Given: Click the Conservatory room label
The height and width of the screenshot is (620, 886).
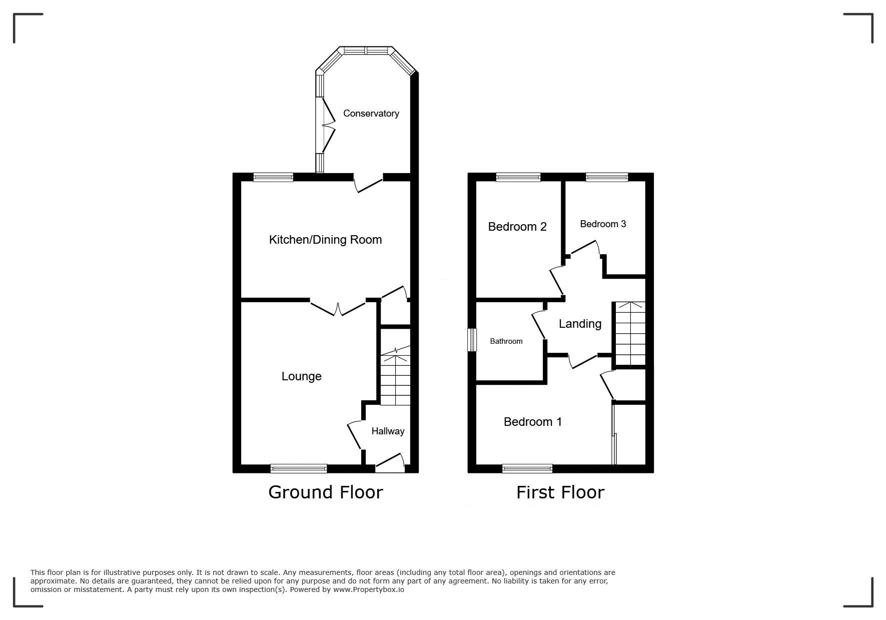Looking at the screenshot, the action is click(371, 114).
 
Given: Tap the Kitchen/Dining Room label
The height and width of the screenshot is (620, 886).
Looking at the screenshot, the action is click(326, 240).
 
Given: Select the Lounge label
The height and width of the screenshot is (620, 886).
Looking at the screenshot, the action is click(302, 376).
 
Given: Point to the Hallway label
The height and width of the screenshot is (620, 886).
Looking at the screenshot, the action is click(388, 431).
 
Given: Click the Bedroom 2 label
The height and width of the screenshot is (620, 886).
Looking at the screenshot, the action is click(517, 227).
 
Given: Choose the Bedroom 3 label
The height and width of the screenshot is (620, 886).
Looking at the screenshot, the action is click(603, 224).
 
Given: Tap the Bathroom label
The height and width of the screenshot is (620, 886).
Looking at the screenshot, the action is click(506, 341).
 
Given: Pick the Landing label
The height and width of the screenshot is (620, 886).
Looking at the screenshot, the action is click(580, 324).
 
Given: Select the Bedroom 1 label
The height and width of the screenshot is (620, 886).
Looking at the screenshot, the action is click(533, 422).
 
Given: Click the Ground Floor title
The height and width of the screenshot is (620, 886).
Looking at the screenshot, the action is click(326, 492).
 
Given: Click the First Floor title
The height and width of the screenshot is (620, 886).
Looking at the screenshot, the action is click(560, 492).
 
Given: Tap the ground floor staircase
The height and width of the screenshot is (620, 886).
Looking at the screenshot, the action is click(396, 375).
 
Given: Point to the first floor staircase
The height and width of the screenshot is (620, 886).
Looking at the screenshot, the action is click(630, 334).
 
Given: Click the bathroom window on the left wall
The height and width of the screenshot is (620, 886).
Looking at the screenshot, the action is click(472, 340).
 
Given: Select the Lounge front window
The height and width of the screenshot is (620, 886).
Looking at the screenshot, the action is click(299, 468).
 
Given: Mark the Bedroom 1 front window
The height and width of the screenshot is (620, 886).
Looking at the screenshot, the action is click(527, 468).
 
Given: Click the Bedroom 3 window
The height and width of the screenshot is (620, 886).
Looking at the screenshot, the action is click(607, 177).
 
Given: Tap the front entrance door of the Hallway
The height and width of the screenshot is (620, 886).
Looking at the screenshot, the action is click(390, 463).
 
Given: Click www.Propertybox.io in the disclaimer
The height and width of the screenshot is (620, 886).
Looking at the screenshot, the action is click(369, 589).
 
